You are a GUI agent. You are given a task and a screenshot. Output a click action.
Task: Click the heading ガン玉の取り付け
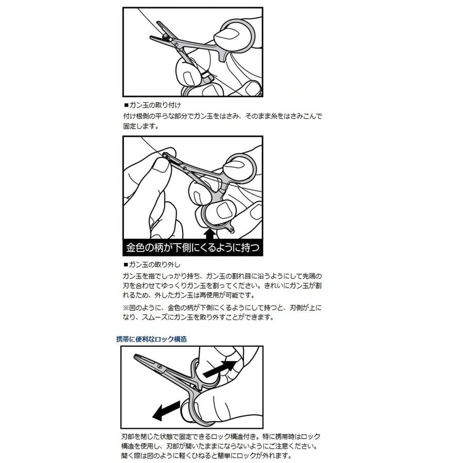(155, 105)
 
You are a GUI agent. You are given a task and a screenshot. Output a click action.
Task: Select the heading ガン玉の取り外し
(154, 264)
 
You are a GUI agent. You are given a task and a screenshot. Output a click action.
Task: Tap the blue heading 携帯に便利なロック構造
(151, 339)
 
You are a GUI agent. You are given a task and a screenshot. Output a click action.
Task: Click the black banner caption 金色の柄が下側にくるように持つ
(192, 247)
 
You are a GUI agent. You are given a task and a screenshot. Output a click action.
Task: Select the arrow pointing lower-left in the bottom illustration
(166, 411)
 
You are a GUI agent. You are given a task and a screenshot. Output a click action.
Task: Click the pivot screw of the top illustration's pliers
(176, 45)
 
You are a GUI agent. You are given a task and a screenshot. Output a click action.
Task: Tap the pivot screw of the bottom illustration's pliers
(160, 367)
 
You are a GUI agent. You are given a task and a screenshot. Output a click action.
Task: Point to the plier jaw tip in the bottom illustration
(135, 357)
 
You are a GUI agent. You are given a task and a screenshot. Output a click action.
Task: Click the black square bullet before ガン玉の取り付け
(126, 105)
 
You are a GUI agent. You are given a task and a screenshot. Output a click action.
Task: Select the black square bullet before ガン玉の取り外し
(126, 264)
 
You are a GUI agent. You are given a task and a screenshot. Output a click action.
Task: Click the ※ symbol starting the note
(126, 308)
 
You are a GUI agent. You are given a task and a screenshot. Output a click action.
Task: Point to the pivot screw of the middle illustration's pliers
(185, 168)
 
